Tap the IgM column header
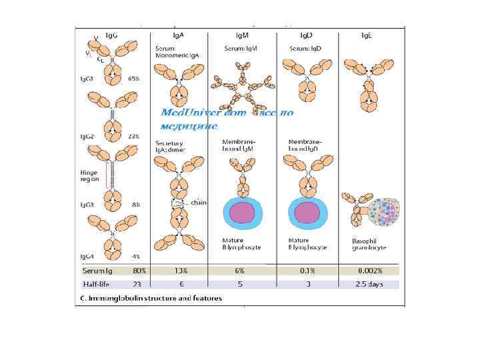(243, 35)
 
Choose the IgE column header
(368, 35)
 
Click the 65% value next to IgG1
(134, 79)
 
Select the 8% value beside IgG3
(136, 205)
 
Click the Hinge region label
(85, 175)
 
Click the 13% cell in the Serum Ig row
(181, 271)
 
